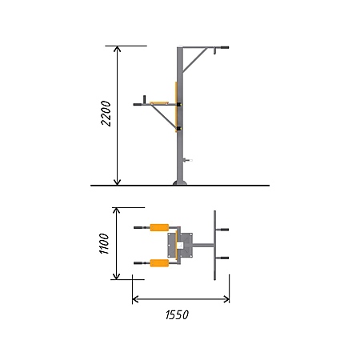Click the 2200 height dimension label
(x=106, y=113)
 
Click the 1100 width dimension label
(x=104, y=243)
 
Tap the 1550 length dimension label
(x=177, y=315)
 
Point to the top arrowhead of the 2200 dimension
(x=118, y=49)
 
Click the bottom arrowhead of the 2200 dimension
(x=118, y=182)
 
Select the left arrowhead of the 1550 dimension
(x=135, y=299)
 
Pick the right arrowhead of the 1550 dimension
(x=226, y=299)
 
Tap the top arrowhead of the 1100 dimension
(x=116, y=210)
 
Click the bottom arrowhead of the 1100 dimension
(x=116, y=276)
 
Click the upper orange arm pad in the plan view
(x=159, y=227)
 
